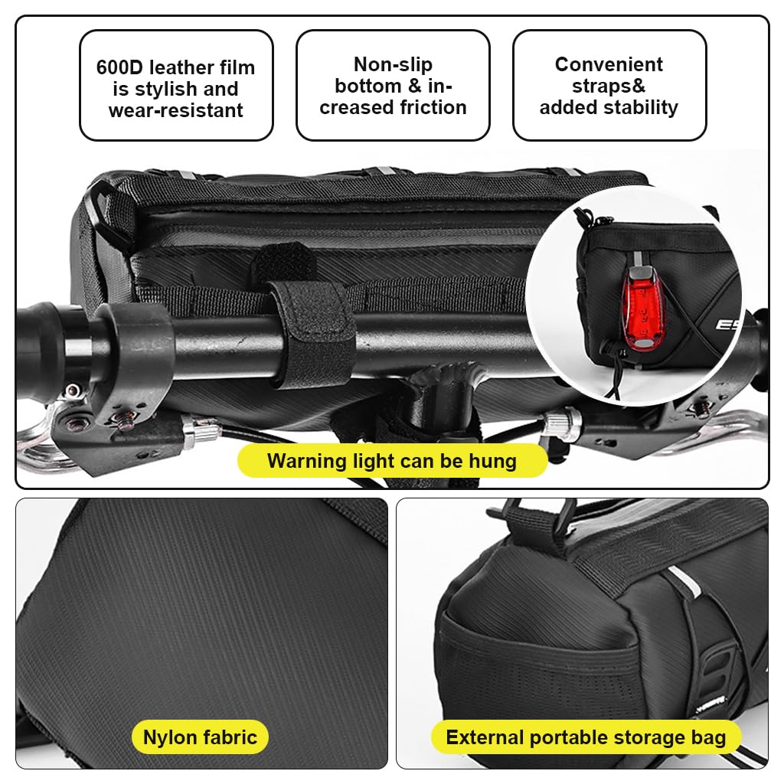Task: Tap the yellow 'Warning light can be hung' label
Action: point(391,461)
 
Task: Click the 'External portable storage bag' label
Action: point(586,738)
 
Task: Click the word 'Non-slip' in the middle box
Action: point(393,64)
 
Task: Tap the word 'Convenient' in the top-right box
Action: point(609,64)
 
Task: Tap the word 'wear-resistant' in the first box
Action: point(176,110)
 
